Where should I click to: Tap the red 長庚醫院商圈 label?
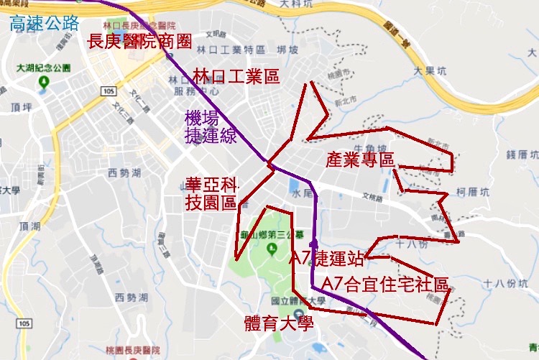click(139, 41)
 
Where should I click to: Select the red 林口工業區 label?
click(236, 77)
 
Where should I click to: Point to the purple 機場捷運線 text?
click(211, 127)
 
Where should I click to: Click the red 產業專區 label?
click(360, 160)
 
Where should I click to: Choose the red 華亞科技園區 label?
click(211, 193)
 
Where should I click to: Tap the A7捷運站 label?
click(327, 259)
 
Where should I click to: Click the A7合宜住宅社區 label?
click(385, 284)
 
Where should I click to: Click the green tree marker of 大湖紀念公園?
click(44, 81)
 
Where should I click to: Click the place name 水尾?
click(301, 194)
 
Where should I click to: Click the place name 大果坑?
click(430, 70)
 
